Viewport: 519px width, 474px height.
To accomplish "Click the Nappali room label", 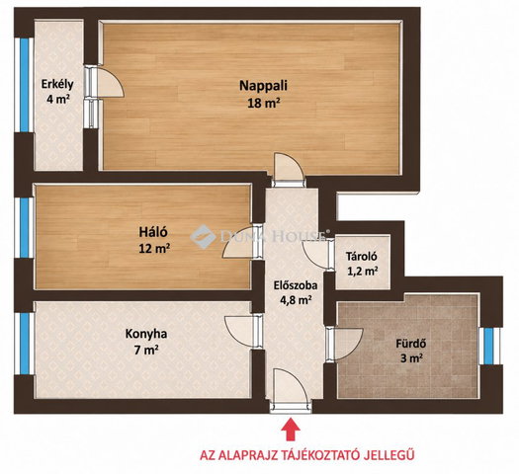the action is (263, 86).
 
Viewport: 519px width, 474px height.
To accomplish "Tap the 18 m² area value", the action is (264, 104).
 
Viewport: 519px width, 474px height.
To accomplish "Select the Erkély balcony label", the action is (57, 85).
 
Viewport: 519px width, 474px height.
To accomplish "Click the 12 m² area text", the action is (154, 248).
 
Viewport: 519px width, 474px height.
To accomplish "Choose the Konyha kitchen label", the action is (146, 334).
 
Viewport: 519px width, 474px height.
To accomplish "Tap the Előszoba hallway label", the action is (296, 285).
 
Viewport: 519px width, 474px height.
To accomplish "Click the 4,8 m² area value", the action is (296, 300).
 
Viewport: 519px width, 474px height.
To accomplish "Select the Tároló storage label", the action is (362, 256).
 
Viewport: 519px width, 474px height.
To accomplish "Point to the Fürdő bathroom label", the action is (411, 344).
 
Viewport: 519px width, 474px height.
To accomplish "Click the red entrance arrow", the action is (291, 429).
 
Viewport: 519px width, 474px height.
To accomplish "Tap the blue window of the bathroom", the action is (488, 346).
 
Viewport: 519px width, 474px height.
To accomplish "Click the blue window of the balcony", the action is (24, 85).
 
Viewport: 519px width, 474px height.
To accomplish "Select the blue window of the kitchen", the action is (24, 344).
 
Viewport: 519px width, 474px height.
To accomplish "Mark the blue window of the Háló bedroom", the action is (24, 228).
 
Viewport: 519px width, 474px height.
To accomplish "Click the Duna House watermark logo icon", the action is (204, 237).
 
